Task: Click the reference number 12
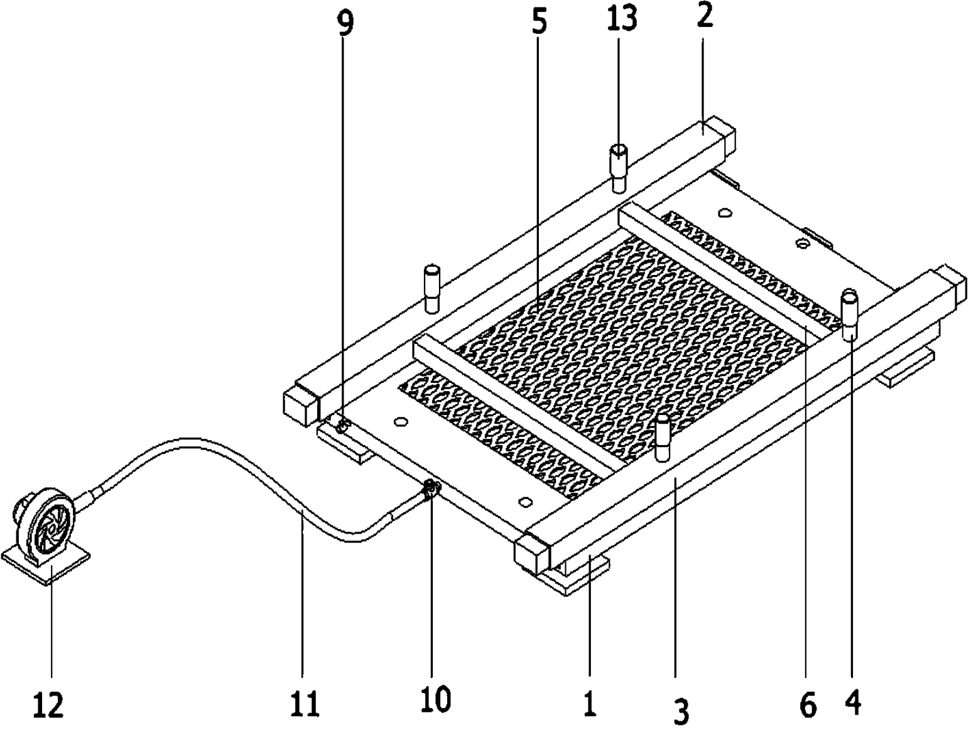tap(48, 705)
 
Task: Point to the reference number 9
tap(345, 24)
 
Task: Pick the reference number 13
tap(621, 19)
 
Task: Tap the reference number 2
tap(705, 16)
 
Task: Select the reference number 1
tap(590, 706)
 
